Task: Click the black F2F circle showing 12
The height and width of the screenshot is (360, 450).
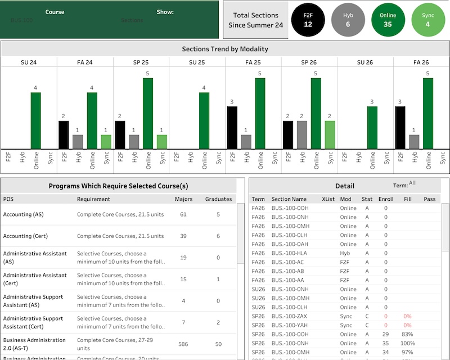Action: click(308, 20)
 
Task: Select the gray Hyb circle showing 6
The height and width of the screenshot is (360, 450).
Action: click(348, 20)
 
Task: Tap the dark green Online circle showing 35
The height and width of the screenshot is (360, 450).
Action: click(388, 20)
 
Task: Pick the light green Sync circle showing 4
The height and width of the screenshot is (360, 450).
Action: click(427, 20)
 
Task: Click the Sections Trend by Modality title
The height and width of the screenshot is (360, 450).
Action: click(225, 49)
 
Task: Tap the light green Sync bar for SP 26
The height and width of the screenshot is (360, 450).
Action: click(330, 135)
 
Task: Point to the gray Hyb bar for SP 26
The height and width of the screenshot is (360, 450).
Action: click(301, 135)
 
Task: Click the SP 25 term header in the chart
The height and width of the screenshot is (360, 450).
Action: click(141, 62)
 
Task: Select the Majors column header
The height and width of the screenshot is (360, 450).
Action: click(183, 199)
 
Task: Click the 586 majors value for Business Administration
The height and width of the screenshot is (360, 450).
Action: click(183, 344)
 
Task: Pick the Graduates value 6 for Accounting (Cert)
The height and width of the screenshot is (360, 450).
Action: click(218, 236)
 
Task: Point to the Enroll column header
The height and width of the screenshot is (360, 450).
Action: click(386, 199)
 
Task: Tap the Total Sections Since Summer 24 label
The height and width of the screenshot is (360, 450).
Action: click(255, 20)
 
